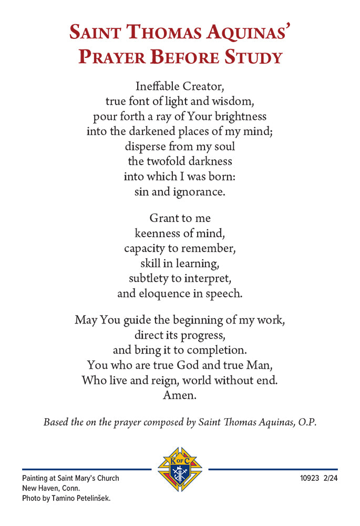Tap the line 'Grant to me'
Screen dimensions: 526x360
point(180,217)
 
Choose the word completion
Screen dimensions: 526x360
point(215,349)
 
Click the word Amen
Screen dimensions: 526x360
point(180,395)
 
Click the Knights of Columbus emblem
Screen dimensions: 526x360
point(180,469)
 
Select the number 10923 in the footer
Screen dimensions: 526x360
point(310,479)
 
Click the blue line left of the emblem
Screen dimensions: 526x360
point(86,469)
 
